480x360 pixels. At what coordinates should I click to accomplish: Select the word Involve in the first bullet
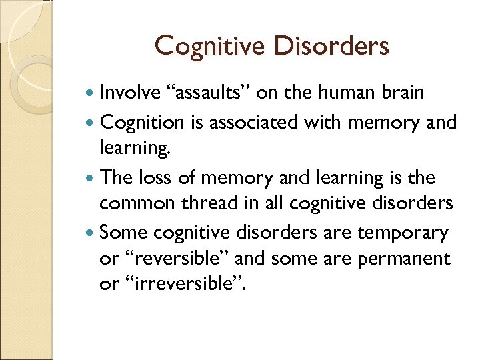click(130, 93)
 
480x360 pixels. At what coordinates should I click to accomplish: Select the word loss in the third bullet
click(154, 178)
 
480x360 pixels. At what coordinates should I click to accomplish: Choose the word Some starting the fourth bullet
click(124, 233)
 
